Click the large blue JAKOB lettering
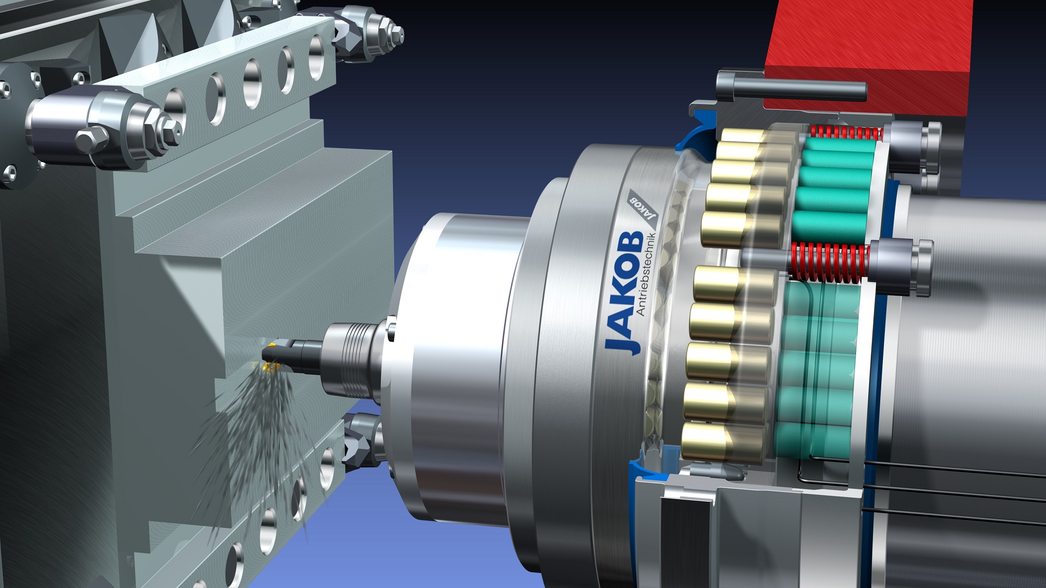(624, 292)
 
